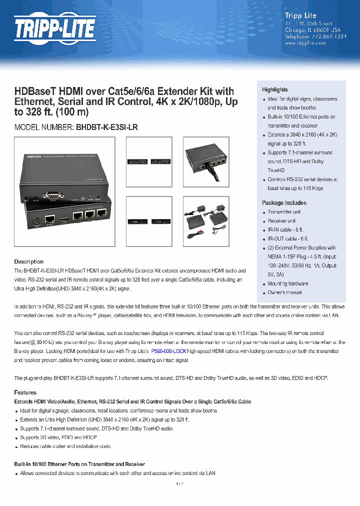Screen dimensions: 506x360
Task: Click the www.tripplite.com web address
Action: point(305,43)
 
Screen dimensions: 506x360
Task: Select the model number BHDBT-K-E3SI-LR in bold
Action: point(107,127)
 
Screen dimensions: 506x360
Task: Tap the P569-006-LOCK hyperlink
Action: point(168,351)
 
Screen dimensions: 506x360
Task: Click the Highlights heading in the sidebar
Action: point(275,89)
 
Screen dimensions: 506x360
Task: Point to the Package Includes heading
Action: point(284,203)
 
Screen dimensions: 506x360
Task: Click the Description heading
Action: point(29,261)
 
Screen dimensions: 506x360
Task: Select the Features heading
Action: point(25,392)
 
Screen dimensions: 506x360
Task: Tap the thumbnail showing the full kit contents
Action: point(206,215)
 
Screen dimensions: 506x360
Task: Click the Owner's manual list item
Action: point(284,292)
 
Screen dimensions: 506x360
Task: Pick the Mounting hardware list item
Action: point(288,283)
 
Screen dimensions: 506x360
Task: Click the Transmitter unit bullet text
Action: point(284,212)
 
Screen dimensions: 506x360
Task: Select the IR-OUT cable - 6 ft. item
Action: point(288,239)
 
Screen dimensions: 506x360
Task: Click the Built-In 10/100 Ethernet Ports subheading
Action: point(80,464)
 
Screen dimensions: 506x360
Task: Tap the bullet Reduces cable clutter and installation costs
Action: point(65,446)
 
